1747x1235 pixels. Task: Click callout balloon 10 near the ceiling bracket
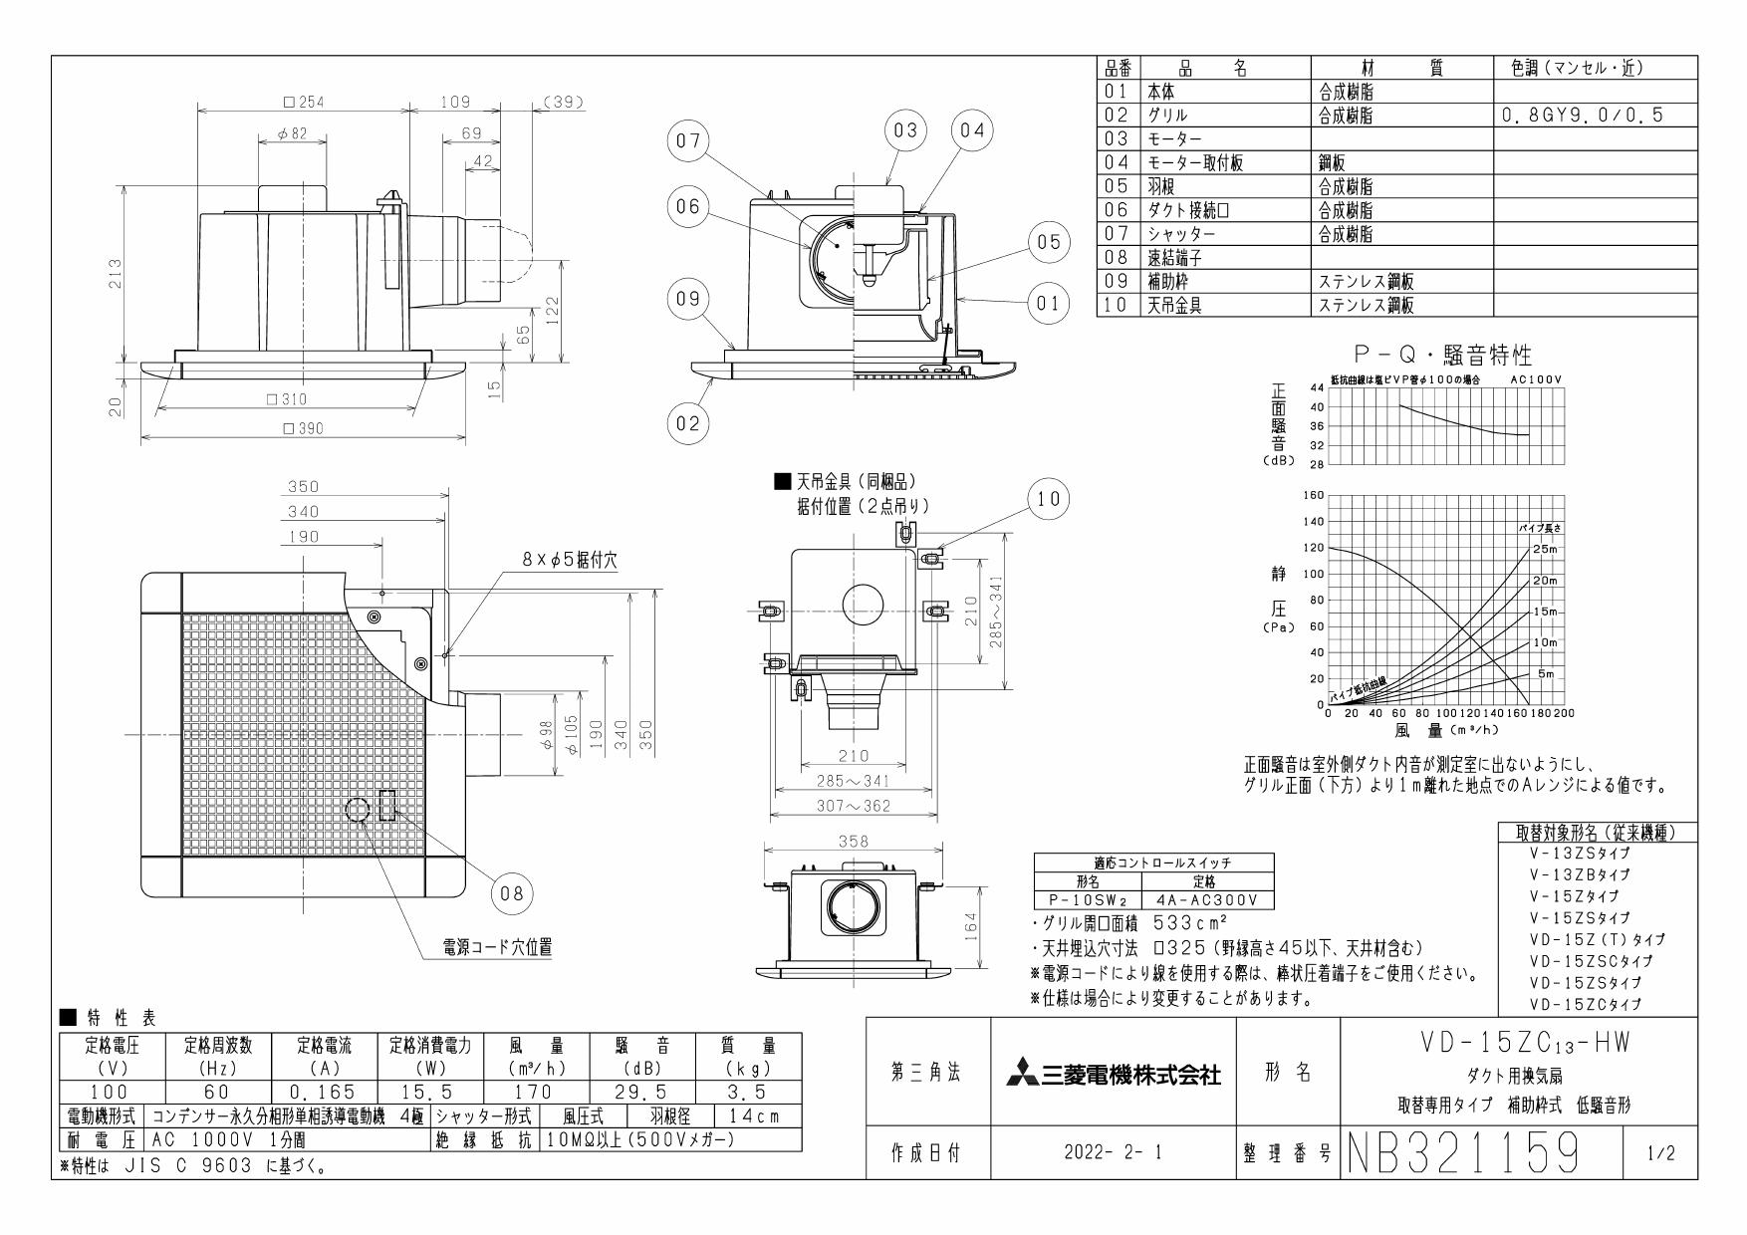(1048, 499)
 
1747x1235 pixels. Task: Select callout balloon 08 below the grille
(512, 893)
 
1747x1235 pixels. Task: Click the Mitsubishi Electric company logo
(1113, 1074)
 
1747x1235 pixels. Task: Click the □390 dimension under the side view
(304, 429)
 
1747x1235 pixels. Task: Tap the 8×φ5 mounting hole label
(570, 561)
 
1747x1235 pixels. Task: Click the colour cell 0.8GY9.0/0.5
(1584, 116)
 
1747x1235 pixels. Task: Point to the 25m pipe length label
(1543, 549)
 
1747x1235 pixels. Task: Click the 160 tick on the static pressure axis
(1312, 495)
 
